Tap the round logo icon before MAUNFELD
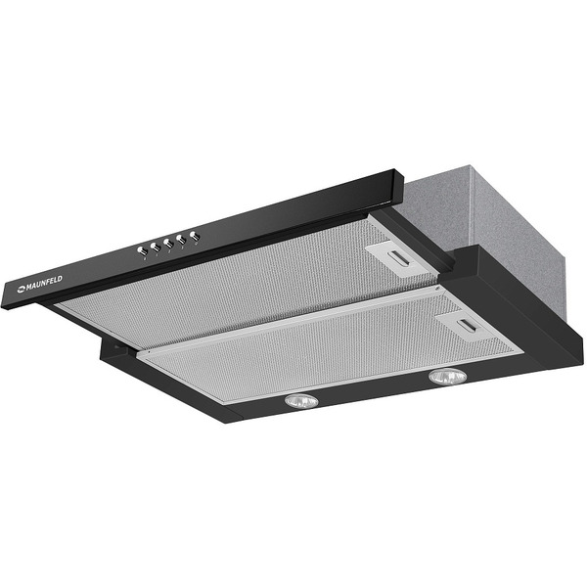point(21,289)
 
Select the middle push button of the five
point(168,244)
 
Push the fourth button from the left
point(181,240)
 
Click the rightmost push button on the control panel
point(195,236)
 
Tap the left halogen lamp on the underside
point(301,401)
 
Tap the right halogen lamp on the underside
point(448,377)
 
